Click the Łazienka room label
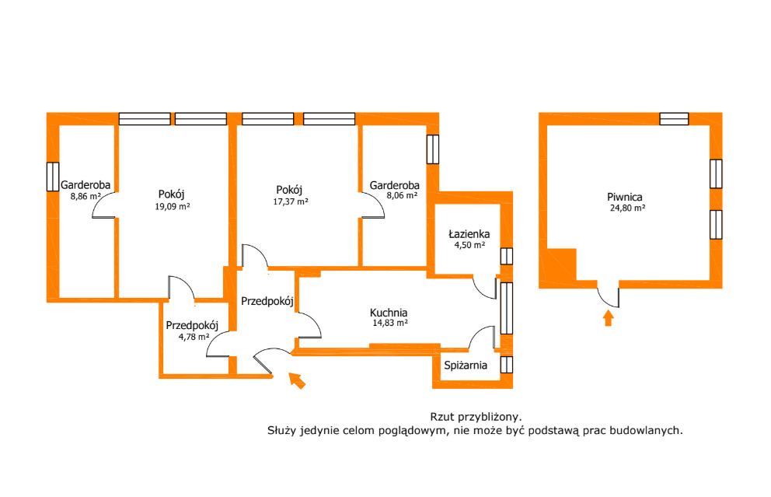tap(469, 234)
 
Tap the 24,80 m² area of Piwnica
tap(627, 208)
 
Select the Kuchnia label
tap(389, 313)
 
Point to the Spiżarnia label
tap(465, 365)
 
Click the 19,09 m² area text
tap(173, 207)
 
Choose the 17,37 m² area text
tap(291, 201)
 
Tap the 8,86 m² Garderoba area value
tap(85, 196)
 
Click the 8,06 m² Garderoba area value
tap(402, 195)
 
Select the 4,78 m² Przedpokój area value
tap(194, 337)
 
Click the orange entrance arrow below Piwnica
tap(609, 318)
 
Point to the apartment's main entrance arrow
tap(297, 380)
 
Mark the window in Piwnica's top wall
tap(674, 118)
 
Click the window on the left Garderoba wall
tap(53, 177)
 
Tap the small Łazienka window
tap(507, 257)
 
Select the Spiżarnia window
tap(507, 365)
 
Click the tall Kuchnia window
tap(507, 309)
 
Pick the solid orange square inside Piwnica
tap(561, 264)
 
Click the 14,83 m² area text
tap(390, 324)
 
